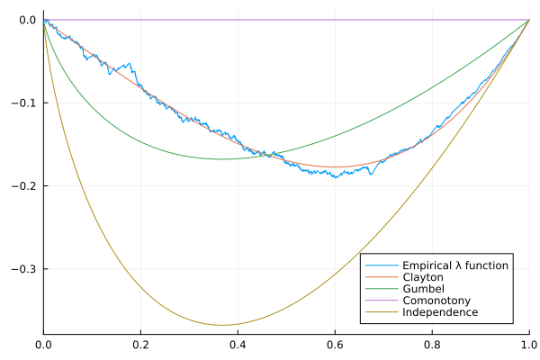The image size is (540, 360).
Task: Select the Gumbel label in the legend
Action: click(x=421, y=290)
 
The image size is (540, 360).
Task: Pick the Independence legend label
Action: click(x=440, y=313)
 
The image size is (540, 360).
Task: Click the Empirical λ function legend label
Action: click(x=455, y=266)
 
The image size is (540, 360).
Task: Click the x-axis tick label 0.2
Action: click(x=140, y=345)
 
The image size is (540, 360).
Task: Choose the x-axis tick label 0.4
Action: click(x=238, y=345)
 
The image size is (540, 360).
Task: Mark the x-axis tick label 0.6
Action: click(x=335, y=345)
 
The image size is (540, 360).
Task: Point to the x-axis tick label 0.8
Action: click(x=432, y=345)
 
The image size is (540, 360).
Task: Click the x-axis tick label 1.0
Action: click(x=527, y=345)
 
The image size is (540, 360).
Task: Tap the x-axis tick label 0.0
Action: click(x=43, y=345)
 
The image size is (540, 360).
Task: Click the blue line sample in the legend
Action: click(x=381, y=266)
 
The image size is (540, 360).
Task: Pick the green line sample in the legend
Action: click(x=381, y=290)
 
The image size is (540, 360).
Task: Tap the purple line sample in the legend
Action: click(x=381, y=301)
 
